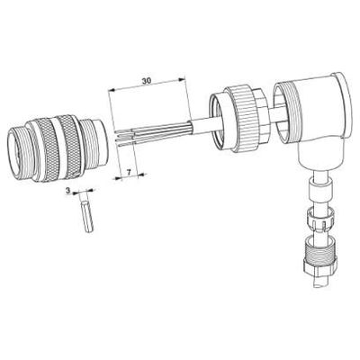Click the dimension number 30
pyautogui.click(x=147, y=80)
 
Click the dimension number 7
pyautogui.click(x=129, y=172)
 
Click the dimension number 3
pyautogui.click(x=67, y=191)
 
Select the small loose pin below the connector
pyautogui.click(x=87, y=216)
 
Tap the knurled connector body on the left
pyautogui.click(x=57, y=148)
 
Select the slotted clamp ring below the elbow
pyautogui.click(x=319, y=220)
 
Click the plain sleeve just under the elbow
pyautogui.click(x=320, y=188)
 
